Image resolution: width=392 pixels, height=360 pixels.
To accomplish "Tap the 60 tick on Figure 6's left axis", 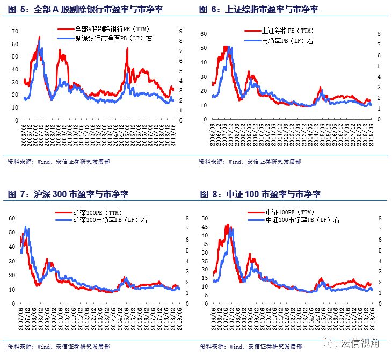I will coord(204,33).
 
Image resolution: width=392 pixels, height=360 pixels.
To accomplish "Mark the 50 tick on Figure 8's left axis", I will coord(204,219).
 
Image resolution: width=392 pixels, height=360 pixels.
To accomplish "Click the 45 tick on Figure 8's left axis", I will coord(204,227).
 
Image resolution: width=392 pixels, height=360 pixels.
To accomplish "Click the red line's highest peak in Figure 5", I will coord(39,37).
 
